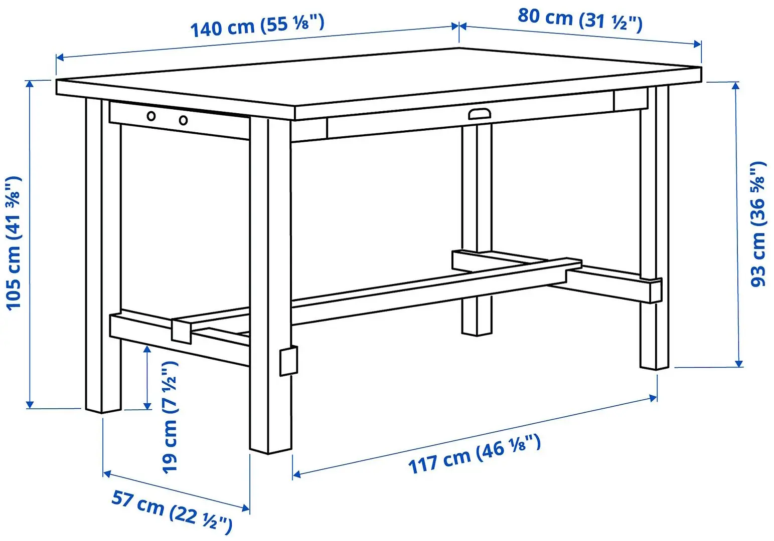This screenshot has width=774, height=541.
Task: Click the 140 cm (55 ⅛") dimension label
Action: click(257, 25)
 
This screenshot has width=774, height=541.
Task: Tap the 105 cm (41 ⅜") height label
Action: click(14, 242)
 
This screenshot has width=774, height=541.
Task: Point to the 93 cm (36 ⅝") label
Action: click(758, 224)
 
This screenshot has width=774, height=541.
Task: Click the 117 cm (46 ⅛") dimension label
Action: click(475, 454)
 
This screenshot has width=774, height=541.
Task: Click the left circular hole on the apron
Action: click(151, 117)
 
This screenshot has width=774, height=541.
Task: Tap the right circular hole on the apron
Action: click(184, 120)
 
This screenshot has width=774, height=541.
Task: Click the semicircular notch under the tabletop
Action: click(480, 114)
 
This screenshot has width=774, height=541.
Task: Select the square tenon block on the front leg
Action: click(288, 360)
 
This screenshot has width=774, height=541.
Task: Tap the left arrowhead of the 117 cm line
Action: click(296, 474)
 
